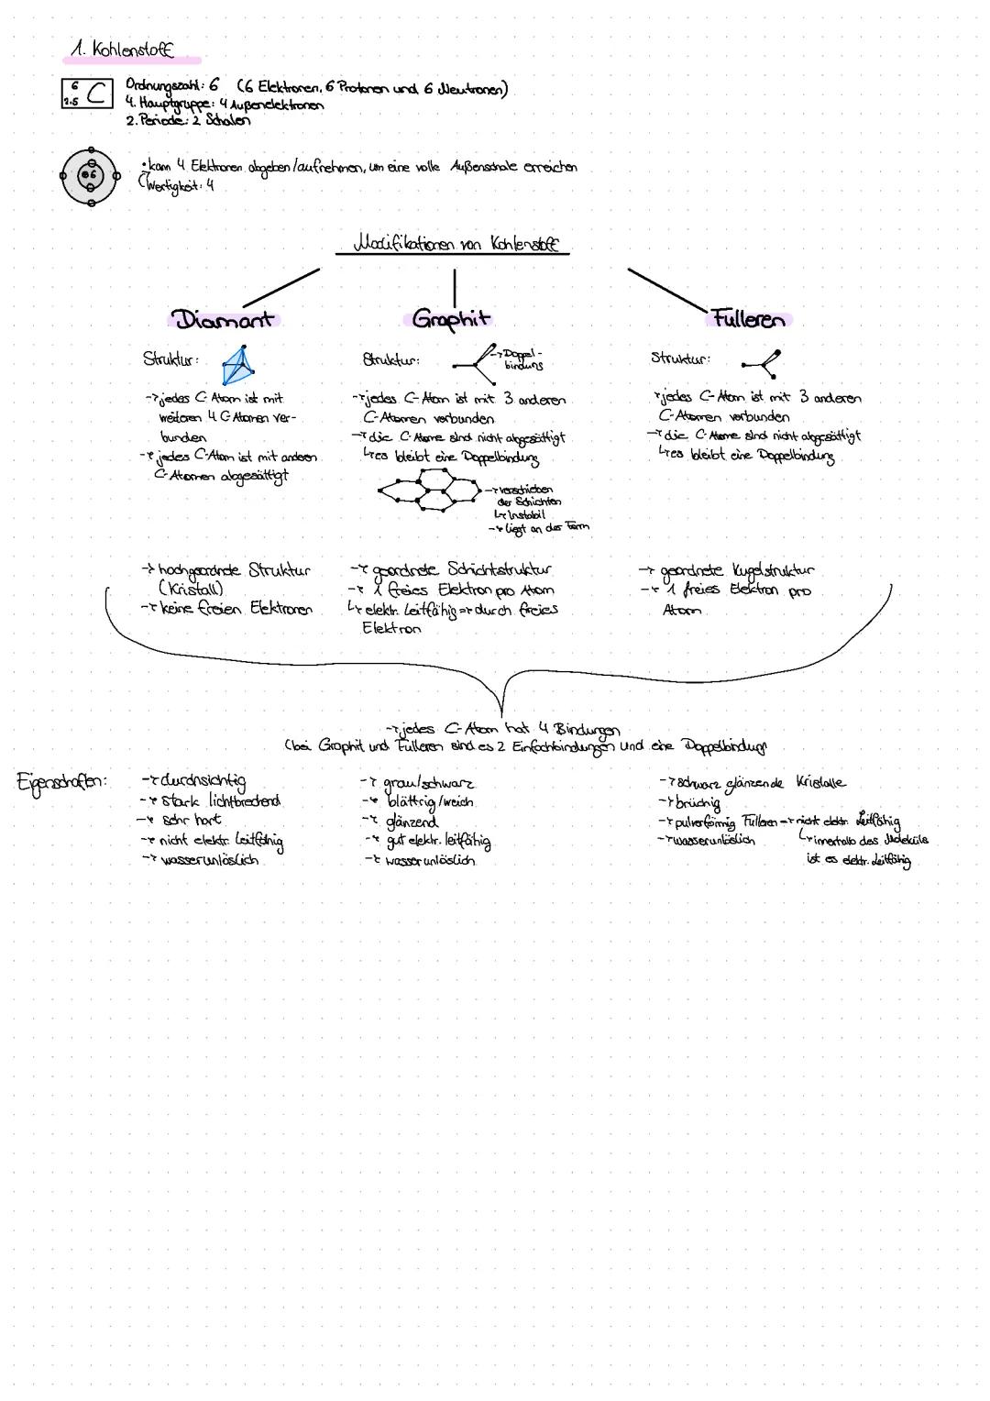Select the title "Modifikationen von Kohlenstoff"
pyautogui.click(x=453, y=246)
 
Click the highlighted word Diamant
pyautogui.click(x=225, y=320)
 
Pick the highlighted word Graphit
pyautogui.click(x=451, y=319)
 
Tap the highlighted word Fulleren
pyautogui.click(x=747, y=320)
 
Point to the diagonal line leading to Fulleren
pyautogui.click(x=667, y=289)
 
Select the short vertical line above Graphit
pyautogui.click(x=454, y=283)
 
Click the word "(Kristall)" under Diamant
pyautogui.click(x=191, y=590)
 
